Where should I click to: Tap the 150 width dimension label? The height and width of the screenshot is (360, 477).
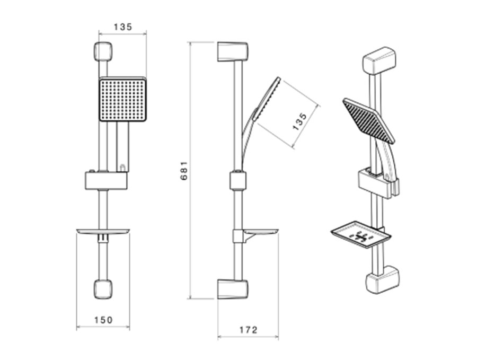(x=103, y=320)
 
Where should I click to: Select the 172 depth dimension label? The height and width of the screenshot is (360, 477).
(x=248, y=330)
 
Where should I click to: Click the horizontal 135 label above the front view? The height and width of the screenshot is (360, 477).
(x=123, y=27)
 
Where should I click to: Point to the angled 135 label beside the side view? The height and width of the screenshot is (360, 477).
(x=299, y=121)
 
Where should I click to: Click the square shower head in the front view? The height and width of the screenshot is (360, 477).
(x=123, y=99)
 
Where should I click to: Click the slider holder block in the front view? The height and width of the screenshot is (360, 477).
(x=106, y=181)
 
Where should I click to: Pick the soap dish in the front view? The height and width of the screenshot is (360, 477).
(x=103, y=232)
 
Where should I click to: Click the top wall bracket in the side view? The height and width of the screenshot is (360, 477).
(x=233, y=52)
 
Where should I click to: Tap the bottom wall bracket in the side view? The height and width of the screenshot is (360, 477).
(x=233, y=289)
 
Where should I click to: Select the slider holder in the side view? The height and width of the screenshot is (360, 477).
(x=238, y=181)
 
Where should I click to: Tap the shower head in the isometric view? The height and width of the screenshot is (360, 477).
(x=368, y=120)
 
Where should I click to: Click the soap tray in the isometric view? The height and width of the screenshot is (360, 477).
(x=360, y=234)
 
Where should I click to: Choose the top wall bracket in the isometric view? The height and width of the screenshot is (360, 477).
(x=379, y=60)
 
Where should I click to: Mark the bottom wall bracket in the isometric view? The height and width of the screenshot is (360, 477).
(x=382, y=280)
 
